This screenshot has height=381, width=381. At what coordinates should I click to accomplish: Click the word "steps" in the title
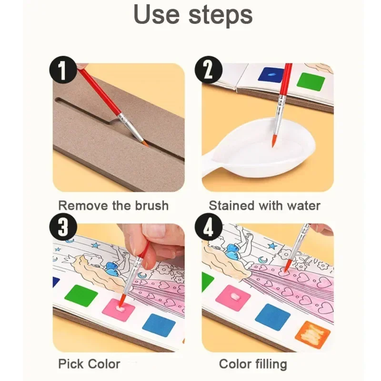(x=220, y=17)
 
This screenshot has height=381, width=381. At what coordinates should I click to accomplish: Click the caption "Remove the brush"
(x=113, y=206)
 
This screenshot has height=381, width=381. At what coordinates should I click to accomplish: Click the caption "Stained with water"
(x=265, y=206)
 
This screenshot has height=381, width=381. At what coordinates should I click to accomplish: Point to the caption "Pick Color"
(x=89, y=364)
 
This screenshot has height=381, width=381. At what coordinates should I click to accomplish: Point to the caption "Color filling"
(x=253, y=364)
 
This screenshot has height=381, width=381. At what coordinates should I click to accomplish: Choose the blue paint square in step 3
(x=159, y=325)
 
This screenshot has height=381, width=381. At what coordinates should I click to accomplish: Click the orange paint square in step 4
(x=312, y=334)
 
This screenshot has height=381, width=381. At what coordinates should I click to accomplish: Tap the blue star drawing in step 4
(x=272, y=246)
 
